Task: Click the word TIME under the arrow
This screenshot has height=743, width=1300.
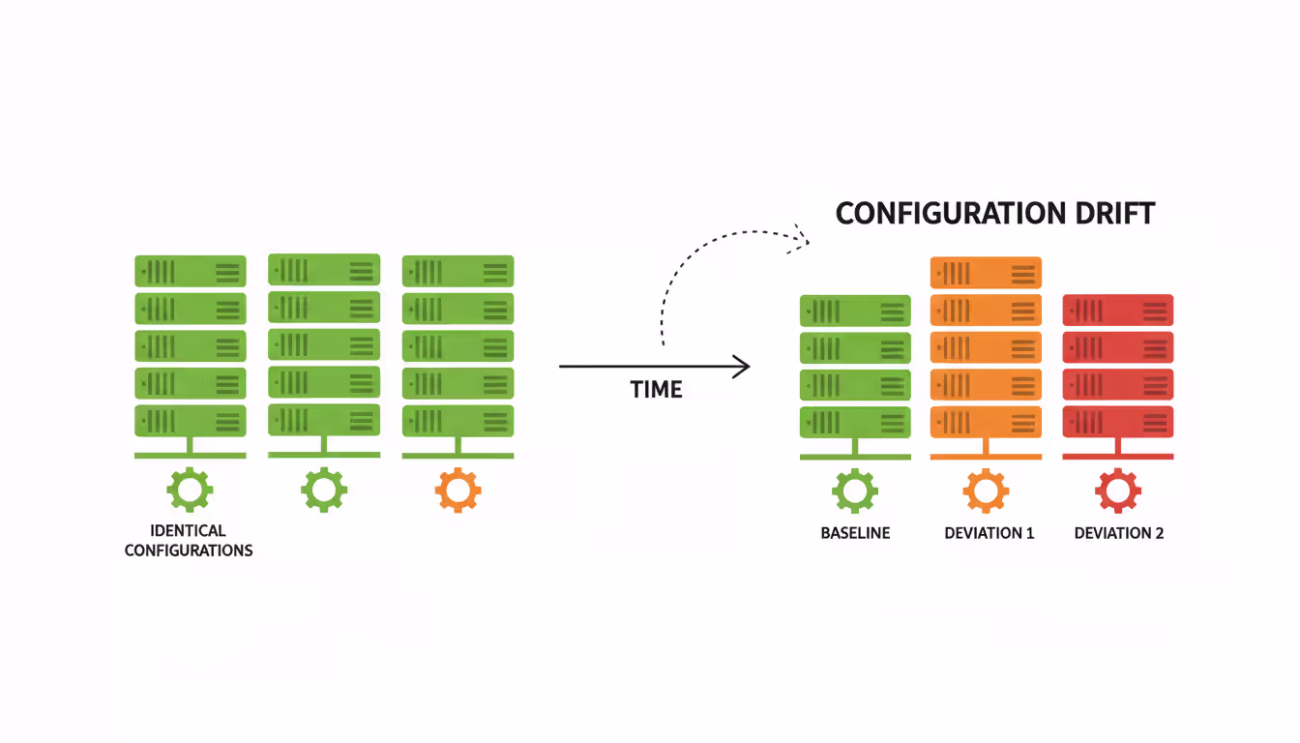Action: point(656,390)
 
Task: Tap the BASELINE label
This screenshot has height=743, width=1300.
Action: point(855,533)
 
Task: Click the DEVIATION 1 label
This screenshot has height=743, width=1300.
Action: point(989,533)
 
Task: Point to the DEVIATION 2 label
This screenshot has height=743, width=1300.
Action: point(1119,533)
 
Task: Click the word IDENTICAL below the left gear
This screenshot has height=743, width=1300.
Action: point(189,530)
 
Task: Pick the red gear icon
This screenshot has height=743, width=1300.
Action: point(1117,490)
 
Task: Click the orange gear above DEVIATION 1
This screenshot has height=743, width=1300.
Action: point(986,490)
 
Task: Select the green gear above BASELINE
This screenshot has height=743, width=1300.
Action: point(855,490)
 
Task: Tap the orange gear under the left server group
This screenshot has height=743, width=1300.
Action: point(458,490)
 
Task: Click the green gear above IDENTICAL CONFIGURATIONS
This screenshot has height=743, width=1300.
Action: point(190,490)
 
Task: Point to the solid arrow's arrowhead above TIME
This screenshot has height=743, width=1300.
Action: point(743,367)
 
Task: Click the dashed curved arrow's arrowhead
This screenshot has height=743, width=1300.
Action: point(800,237)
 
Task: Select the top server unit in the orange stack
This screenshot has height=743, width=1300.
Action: point(986,273)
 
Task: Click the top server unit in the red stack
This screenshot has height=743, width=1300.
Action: point(1117,310)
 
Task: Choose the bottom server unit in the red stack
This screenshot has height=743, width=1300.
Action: point(1117,422)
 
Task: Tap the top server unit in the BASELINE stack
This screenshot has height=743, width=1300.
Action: point(855,311)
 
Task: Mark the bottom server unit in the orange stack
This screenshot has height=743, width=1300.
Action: point(986,422)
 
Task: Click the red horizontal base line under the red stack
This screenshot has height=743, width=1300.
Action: point(1117,456)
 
